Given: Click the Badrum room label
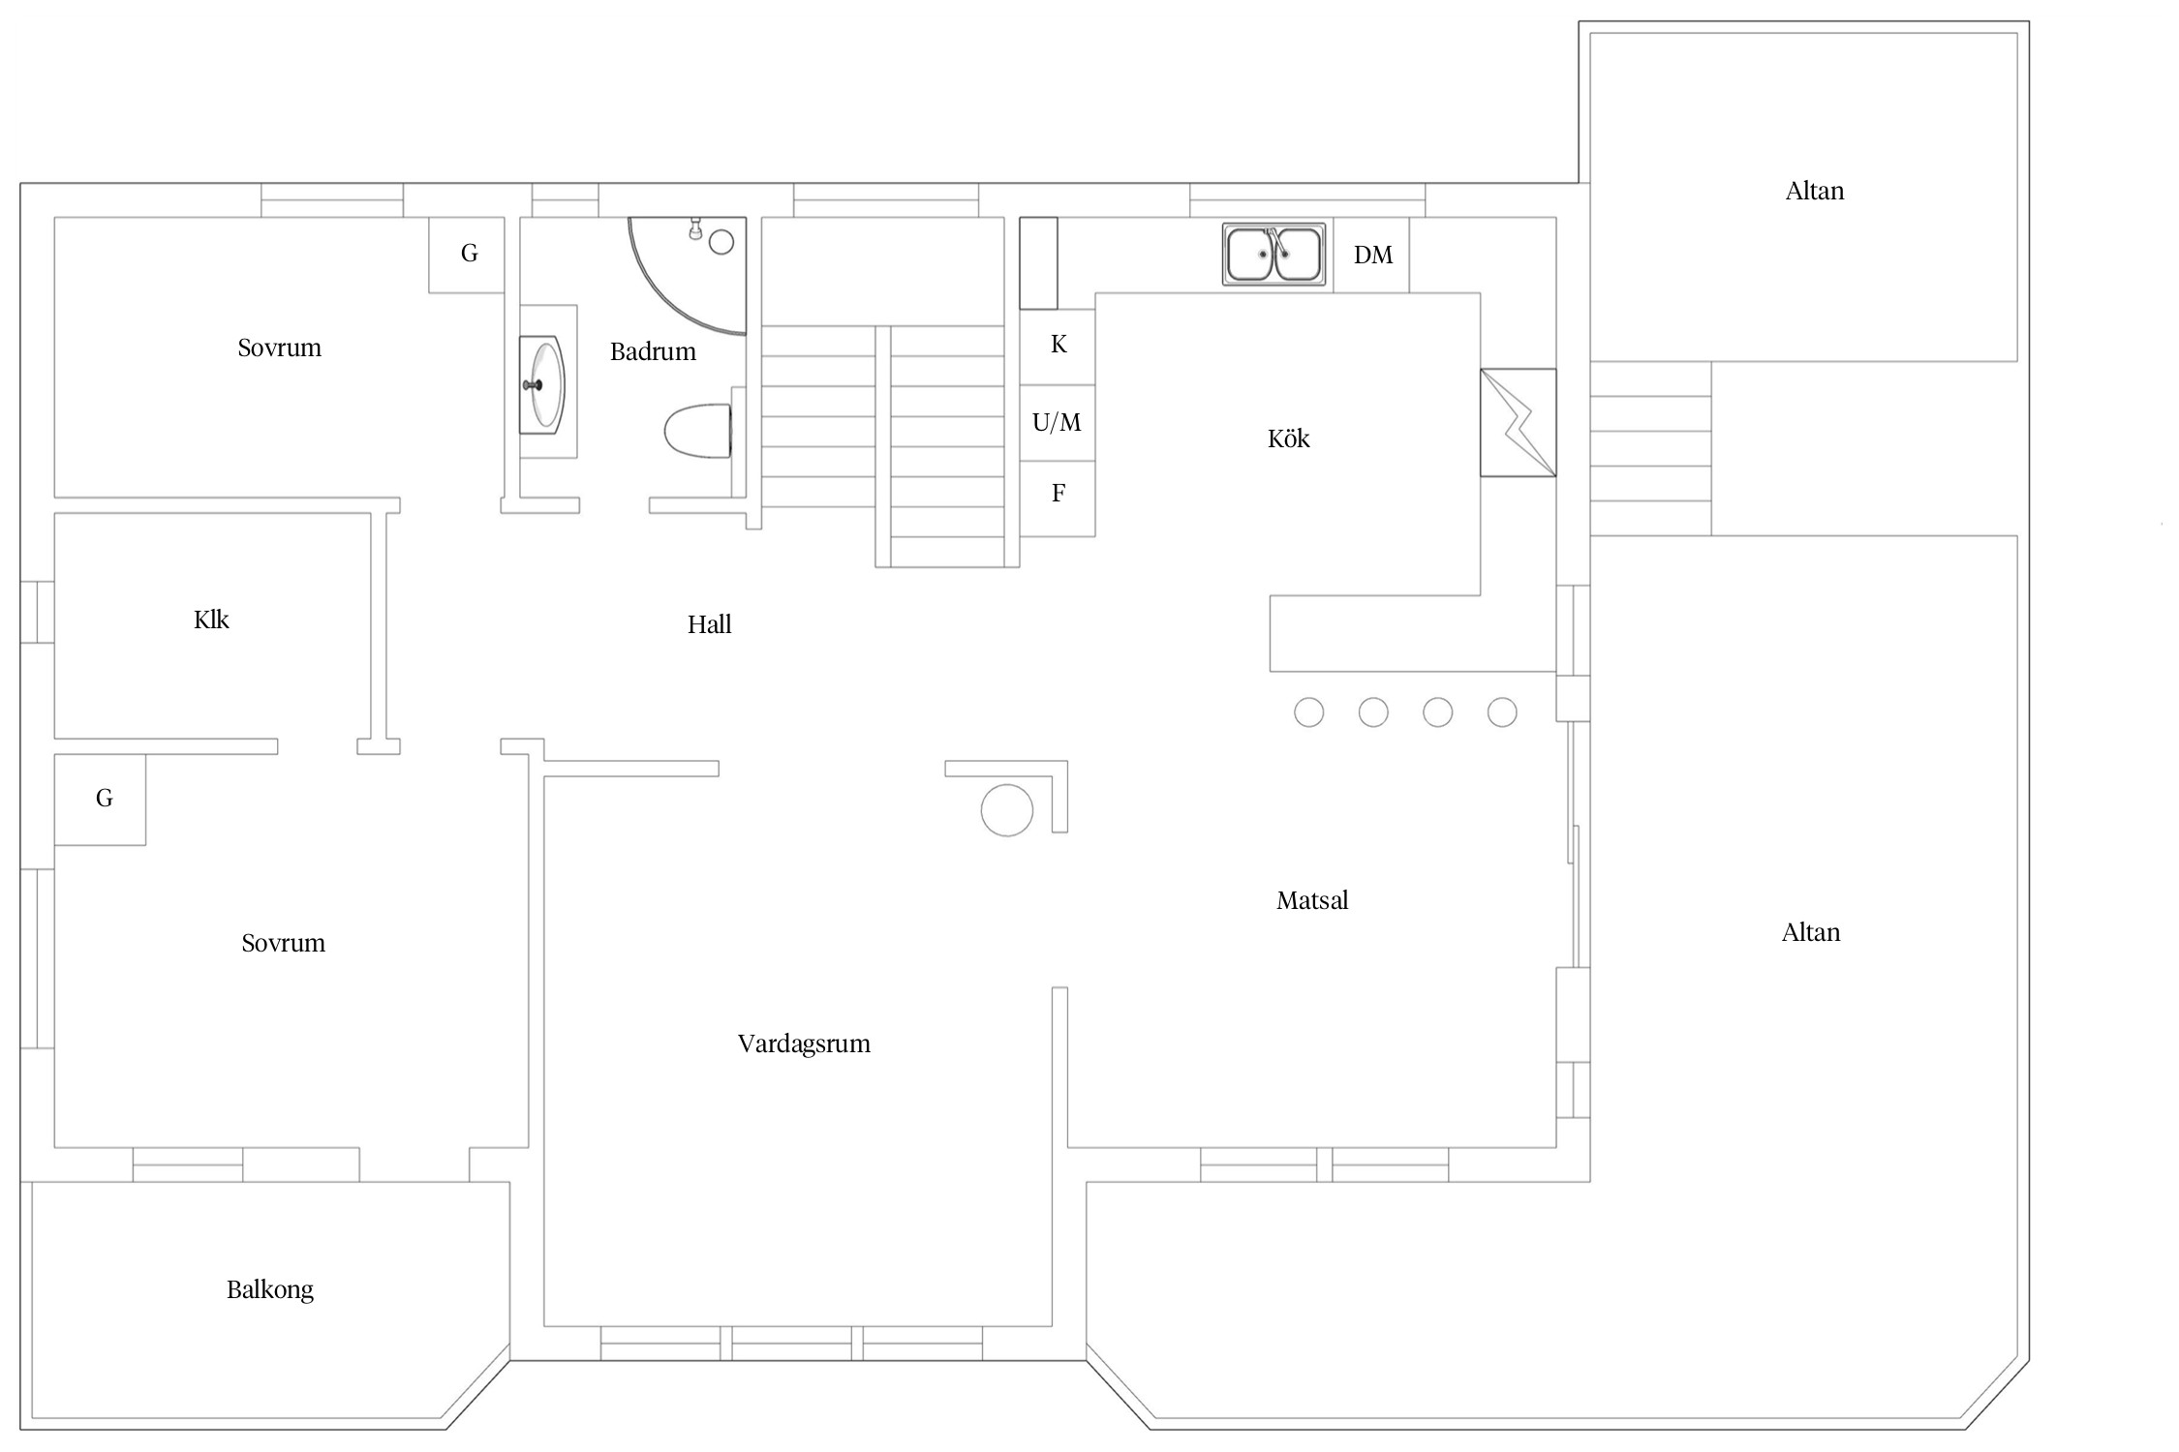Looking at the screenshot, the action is point(653,351).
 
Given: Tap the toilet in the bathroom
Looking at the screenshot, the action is point(698,431).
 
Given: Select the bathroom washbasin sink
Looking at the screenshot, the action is point(541,384).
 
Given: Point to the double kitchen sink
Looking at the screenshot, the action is point(1274,255).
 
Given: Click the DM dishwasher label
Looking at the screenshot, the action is point(1373,255).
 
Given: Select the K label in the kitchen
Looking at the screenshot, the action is point(1059,345).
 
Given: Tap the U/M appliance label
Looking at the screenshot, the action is point(1057,422).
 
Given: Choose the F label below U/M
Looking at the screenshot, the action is point(1059,494).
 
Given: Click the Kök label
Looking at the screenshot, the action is point(1288,439).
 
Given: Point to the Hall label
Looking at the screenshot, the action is point(709,624).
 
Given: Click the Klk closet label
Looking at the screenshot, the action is point(211,620).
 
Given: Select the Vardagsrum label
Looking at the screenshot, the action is point(804,1044).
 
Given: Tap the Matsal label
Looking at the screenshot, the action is point(1312,900).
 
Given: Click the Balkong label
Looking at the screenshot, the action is point(270,1289).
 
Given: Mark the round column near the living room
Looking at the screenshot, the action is point(1007,809).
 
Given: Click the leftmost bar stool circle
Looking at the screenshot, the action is point(1309,712).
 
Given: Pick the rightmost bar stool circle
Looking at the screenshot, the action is point(1502,712).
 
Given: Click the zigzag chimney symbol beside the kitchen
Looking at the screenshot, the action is point(1519,423).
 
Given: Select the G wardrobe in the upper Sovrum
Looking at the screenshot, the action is point(467,255).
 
